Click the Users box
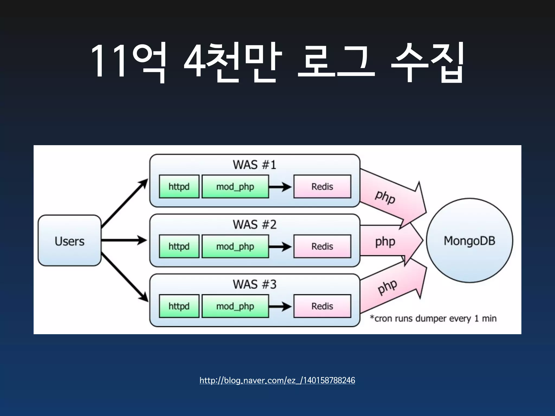pos(69,240)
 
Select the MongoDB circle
pos(469,240)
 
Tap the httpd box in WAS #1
pos(179,186)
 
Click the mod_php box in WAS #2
pos(235,246)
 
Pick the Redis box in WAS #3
pos(322,306)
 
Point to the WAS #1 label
pos(254,165)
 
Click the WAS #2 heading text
pos(254,225)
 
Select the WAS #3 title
pos(254,284)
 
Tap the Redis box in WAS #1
pos(322,186)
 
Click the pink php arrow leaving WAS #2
pos(390,240)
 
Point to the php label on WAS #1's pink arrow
pos(385,197)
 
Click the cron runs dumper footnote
pos(433,318)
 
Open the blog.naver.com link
pos(277,380)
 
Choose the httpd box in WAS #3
pos(179,306)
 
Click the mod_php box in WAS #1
pos(235,186)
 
